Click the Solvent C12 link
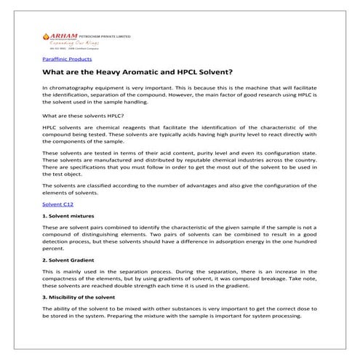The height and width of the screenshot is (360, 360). (58, 206)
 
